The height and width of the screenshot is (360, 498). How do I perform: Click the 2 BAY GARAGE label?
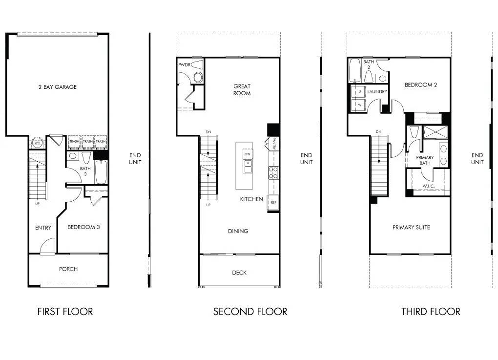pos(58,87)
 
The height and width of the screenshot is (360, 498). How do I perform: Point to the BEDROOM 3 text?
pos(83,227)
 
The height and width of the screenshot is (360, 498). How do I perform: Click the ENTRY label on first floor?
pos(43,228)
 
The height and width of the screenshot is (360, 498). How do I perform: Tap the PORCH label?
pos(68,269)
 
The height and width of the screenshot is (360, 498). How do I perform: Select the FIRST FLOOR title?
pos(65,311)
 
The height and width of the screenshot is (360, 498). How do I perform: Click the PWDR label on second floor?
pos(184,64)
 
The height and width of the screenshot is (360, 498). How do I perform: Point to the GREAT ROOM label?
pos(242,90)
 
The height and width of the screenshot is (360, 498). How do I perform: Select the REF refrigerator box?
pos(273,202)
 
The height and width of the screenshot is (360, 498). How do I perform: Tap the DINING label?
pos(238,231)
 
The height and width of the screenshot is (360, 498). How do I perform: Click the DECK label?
pos(239,273)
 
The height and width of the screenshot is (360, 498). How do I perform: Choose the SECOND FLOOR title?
pos(250,311)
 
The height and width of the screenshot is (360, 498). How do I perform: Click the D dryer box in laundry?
pos(360,91)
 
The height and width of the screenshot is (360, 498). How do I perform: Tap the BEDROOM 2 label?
pos(420,85)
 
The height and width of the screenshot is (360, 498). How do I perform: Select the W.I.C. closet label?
pos(428,186)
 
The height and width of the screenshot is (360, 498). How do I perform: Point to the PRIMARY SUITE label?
pos(411,227)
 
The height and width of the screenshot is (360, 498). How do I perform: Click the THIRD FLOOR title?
pos(431,311)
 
